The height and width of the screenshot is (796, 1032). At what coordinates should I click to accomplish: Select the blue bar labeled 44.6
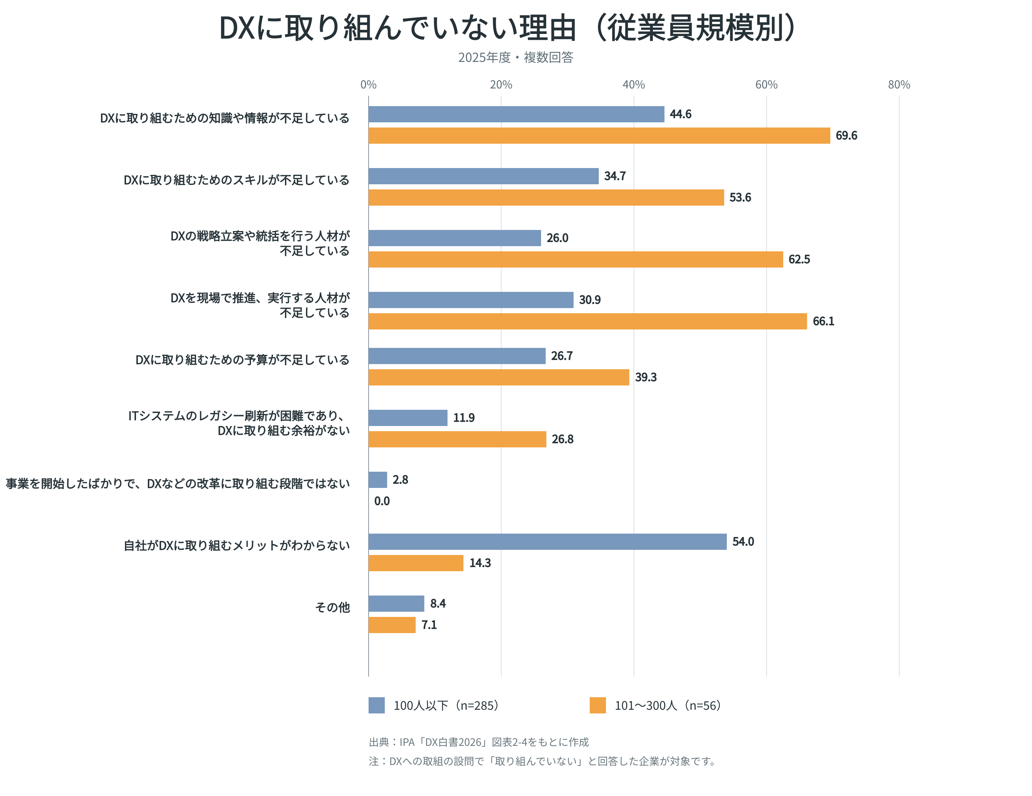516,114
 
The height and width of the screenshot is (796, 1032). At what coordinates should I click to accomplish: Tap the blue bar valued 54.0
548,541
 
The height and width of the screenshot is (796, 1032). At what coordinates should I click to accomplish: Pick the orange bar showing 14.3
416,563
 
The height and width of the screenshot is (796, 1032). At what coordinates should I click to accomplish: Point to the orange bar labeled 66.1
588,321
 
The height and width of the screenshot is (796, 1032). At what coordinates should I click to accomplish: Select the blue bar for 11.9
408,418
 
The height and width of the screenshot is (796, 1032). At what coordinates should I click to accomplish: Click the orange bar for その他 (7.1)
392,625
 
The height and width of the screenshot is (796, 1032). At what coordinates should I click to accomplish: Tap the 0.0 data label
382,501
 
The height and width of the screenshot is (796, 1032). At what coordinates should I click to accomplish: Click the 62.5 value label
799,259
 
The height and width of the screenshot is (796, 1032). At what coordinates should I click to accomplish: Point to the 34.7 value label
615,176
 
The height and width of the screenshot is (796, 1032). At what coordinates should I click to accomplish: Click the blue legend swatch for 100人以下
377,705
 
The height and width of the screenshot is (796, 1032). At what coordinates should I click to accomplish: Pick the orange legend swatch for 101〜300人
598,705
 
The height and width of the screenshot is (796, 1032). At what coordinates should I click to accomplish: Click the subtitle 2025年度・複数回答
516,57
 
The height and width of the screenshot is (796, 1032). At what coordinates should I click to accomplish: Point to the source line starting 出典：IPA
479,742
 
